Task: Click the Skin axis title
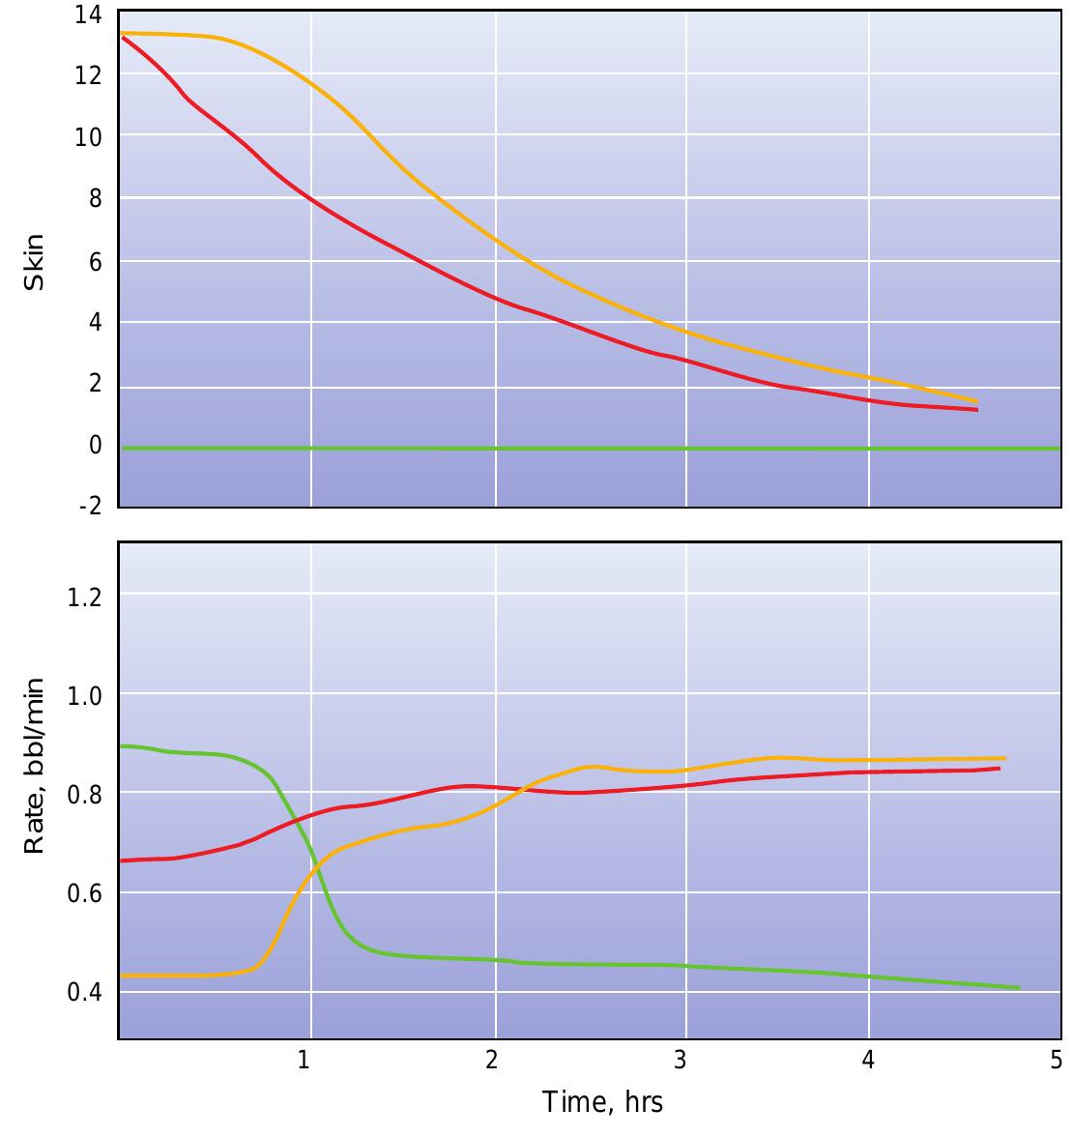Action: [x=34, y=262]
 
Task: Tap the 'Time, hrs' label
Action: [x=602, y=1101]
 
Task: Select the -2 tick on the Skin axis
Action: [x=88, y=507]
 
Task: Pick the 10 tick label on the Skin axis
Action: [x=88, y=137]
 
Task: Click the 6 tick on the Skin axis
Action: [x=95, y=262]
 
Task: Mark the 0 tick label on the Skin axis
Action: [x=95, y=446]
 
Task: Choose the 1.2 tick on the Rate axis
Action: [x=84, y=596]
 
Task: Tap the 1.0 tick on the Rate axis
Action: [x=84, y=696]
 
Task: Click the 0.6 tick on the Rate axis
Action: [x=84, y=893]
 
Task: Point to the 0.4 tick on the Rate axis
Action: [x=84, y=993]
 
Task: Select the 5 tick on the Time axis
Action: [x=1056, y=1061]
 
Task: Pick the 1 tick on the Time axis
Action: [x=304, y=1061]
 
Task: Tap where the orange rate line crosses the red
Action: [x=520, y=789]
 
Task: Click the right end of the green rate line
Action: [x=1019, y=988]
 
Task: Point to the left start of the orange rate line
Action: [x=121, y=976]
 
